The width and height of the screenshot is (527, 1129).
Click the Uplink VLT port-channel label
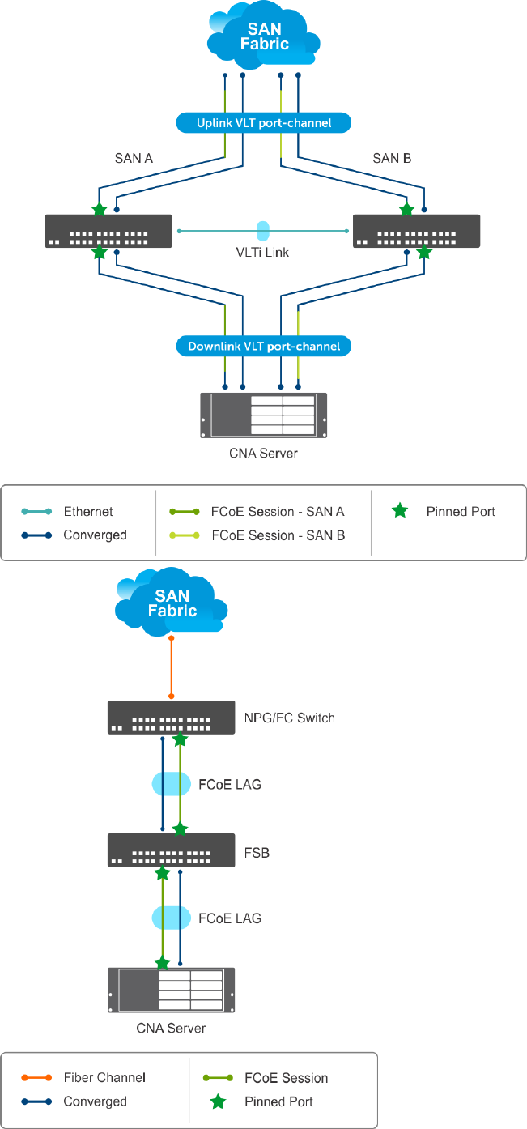tap(263, 123)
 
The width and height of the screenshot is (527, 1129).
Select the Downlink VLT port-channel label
tap(263, 346)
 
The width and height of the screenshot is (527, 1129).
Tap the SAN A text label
tap(134, 158)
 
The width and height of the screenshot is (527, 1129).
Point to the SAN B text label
tap(392, 158)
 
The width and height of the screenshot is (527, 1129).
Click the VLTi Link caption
tap(262, 252)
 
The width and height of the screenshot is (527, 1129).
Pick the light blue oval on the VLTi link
tap(262, 230)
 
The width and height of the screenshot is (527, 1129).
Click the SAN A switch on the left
tap(108, 231)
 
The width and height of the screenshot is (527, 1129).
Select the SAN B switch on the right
tap(416, 231)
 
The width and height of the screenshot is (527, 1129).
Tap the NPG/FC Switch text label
tap(289, 718)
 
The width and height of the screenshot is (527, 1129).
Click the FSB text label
tap(257, 853)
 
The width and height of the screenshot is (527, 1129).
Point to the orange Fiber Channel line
tap(172, 667)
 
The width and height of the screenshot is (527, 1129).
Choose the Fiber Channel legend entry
tap(94, 1078)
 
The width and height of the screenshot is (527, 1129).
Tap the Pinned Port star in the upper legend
tap(400, 511)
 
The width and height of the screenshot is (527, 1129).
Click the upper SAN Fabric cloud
tap(263, 37)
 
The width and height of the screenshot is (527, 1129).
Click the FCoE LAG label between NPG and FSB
tap(230, 784)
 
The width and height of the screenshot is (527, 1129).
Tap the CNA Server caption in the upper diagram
tap(263, 453)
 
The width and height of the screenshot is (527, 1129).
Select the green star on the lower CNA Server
tap(163, 963)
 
